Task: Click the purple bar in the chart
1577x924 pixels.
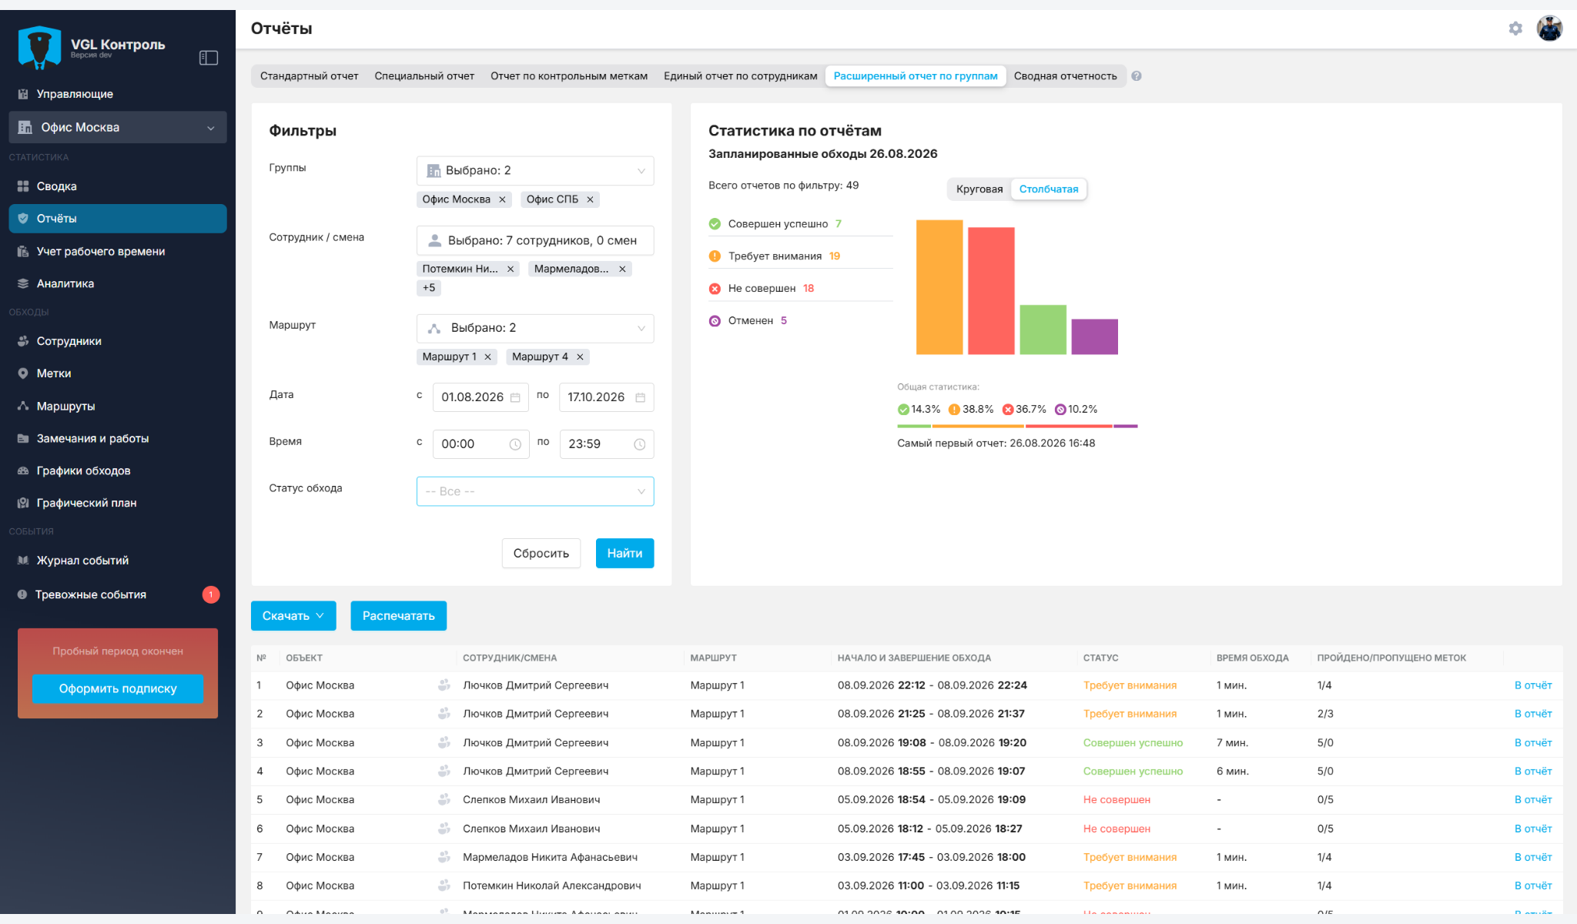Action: pos(1094,336)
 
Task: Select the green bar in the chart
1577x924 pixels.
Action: pos(1043,330)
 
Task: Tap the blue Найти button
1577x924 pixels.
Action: pos(624,553)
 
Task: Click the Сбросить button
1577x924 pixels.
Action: pos(541,553)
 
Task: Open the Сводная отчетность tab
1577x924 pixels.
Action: pos(1065,76)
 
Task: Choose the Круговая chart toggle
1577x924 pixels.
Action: pos(979,189)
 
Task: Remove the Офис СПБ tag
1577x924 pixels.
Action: pos(590,199)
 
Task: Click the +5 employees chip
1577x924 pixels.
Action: pos(429,288)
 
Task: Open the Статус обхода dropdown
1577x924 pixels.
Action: pos(535,491)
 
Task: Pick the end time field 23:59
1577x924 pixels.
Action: pos(606,444)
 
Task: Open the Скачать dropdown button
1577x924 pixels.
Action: pos(293,616)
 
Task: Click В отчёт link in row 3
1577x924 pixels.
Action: pos(1533,743)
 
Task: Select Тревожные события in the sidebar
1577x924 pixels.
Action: pos(91,594)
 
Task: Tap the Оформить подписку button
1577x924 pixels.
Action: pos(118,688)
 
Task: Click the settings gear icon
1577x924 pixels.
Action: pos(1515,28)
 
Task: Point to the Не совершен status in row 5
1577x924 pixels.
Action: pos(1117,800)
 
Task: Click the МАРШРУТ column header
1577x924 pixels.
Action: pos(714,658)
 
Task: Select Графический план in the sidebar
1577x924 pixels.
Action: pos(86,503)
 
